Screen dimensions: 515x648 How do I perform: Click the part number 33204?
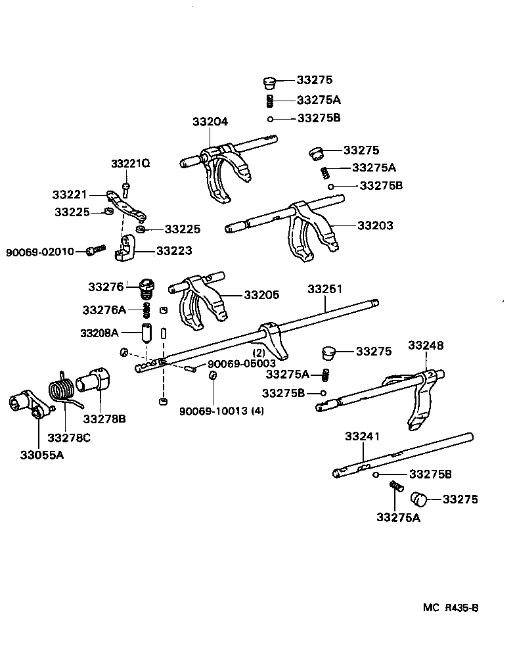pyautogui.click(x=210, y=122)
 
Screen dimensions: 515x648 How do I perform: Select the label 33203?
pyautogui.click(x=375, y=225)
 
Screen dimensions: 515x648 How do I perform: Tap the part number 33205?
pyautogui.click(x=261, y=294)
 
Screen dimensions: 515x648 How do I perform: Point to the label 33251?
pyautogui.click(x=325, y=289)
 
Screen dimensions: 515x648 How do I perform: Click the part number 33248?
pyautogui.click(x=426, y=345)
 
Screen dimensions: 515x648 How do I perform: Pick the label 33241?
pyautogui.click(x=362, y=436)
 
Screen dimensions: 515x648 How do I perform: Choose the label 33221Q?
pyautogui.click(x=131, y=163)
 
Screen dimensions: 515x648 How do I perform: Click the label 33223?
pyautogui.click(x=174, y=250)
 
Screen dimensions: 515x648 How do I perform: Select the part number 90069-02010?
pyautogui.click(x=40, y=252)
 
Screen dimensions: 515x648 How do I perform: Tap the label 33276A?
pyautogui.click(x=104, y=310)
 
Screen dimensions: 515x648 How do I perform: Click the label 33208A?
pyautogui.click(x=100, y=333)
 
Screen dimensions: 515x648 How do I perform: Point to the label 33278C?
pyautogui.click(x=69, y=438)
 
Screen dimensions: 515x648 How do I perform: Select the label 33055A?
pyautogui.click(x=42, y=455)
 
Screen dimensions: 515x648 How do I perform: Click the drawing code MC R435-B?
pyautogui.click(x=451, y=607)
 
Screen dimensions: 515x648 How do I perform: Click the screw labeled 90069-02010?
pyautogui.click(x=96, y=250)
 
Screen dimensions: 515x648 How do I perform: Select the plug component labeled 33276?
pyautogui.click(x=146, y=289)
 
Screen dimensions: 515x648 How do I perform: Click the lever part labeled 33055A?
pyautogui.click(x=31, y=404)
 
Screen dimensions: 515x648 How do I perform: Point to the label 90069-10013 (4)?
pyautogui.click(x=221, y=411)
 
